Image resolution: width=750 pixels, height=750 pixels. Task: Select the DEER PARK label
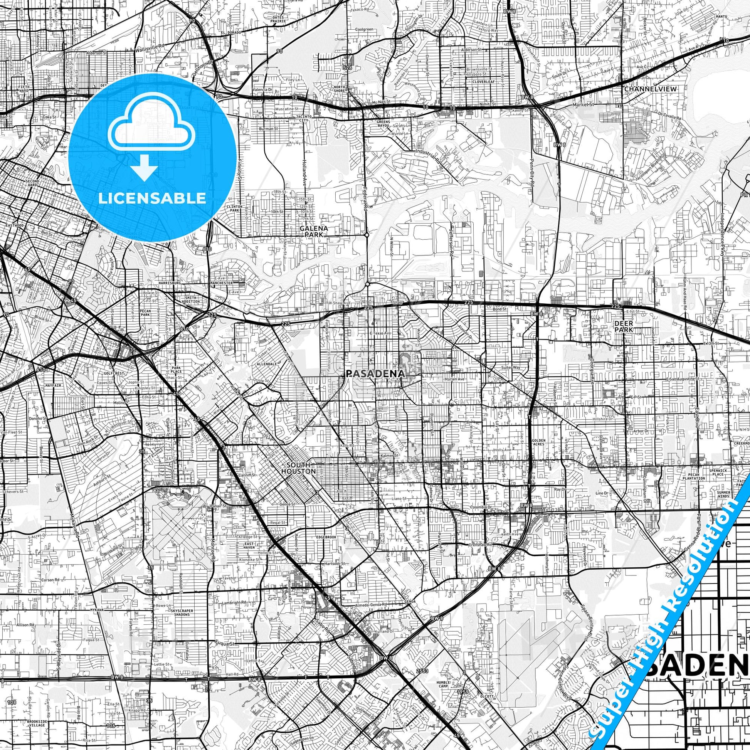(624, 326)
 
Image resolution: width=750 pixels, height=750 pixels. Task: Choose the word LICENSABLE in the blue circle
(152, 198)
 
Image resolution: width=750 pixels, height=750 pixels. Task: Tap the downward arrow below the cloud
(144, 168)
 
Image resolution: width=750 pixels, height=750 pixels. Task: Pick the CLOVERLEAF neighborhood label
(483, 82)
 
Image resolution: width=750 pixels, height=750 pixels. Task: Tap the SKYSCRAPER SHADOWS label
(182, 622)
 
